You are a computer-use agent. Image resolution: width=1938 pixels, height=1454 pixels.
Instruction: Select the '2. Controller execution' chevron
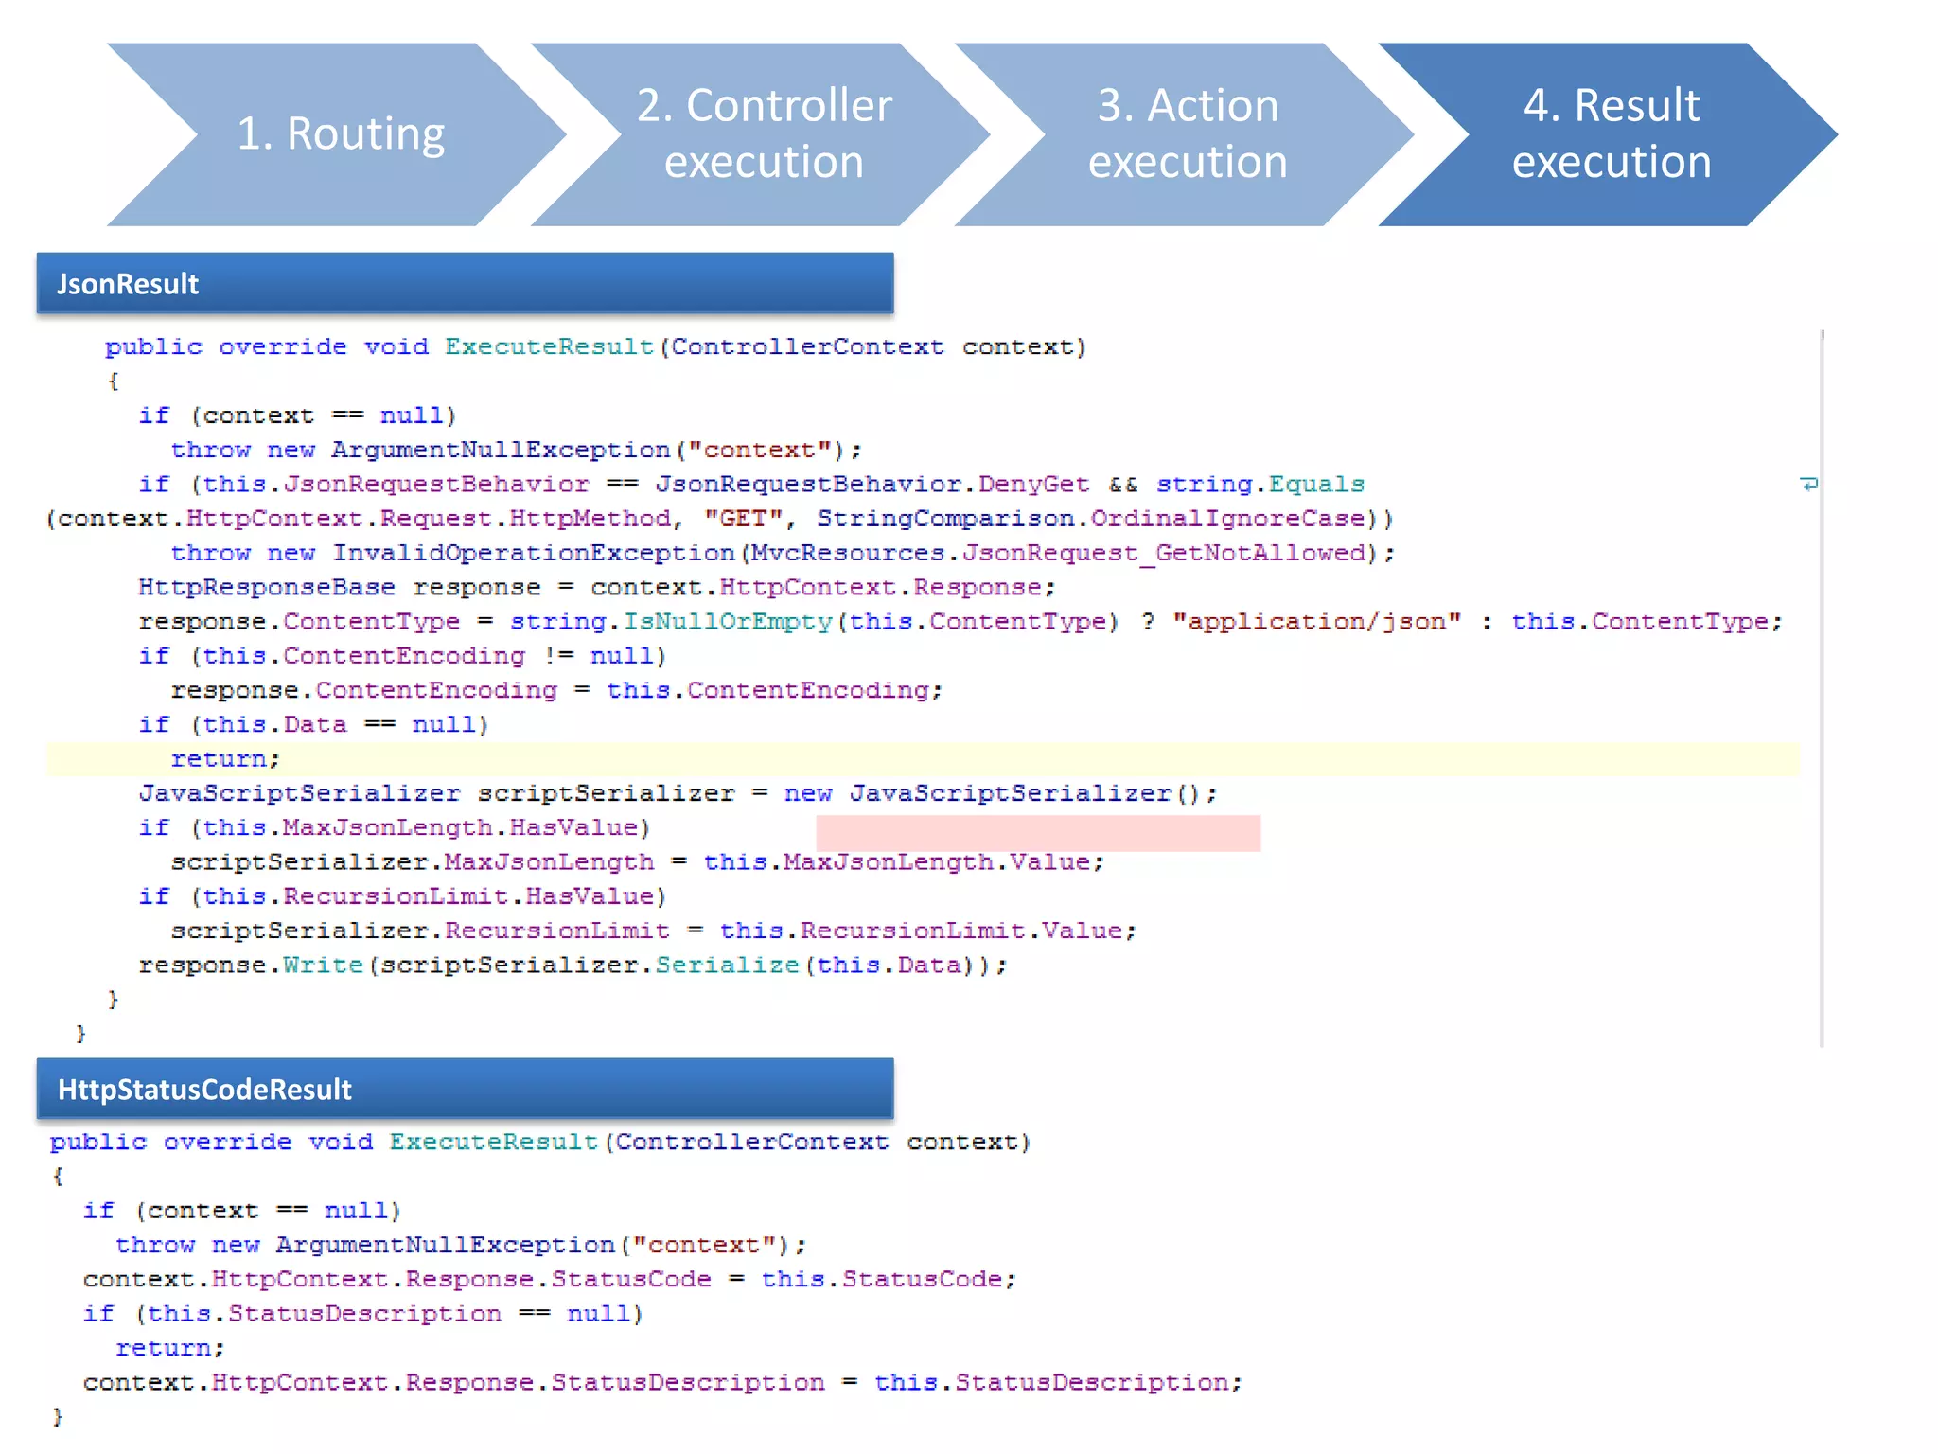[764, 134]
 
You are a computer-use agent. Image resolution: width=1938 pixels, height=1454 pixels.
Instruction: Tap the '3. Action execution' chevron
[1188, 134]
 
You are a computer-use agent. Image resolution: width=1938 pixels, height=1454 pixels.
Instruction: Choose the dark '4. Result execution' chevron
[1611, 134]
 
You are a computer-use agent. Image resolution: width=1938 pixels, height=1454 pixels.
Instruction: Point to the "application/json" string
[1316, 622]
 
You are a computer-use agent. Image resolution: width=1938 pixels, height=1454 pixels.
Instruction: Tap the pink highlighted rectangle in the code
[1038, 833]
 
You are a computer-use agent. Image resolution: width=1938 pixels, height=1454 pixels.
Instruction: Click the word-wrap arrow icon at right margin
[1808, 485]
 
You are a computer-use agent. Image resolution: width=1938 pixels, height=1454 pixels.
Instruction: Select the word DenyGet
[1033, 485]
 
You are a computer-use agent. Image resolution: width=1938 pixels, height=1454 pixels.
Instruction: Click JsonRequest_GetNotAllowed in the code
[1164, 553]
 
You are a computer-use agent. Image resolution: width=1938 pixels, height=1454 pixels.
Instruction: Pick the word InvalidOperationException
[533, 553]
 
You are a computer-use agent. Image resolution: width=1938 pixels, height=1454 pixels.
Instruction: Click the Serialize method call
[727, 966]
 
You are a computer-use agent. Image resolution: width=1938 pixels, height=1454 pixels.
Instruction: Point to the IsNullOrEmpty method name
[727, 622]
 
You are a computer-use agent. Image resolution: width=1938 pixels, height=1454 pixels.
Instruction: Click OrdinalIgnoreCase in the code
[1227, 519]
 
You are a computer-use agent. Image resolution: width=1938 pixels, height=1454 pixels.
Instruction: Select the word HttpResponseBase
[267, 588]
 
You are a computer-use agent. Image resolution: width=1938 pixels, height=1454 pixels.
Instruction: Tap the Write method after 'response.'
[323, 966]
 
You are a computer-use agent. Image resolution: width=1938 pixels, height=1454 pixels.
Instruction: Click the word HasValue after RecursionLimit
[590, 896]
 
